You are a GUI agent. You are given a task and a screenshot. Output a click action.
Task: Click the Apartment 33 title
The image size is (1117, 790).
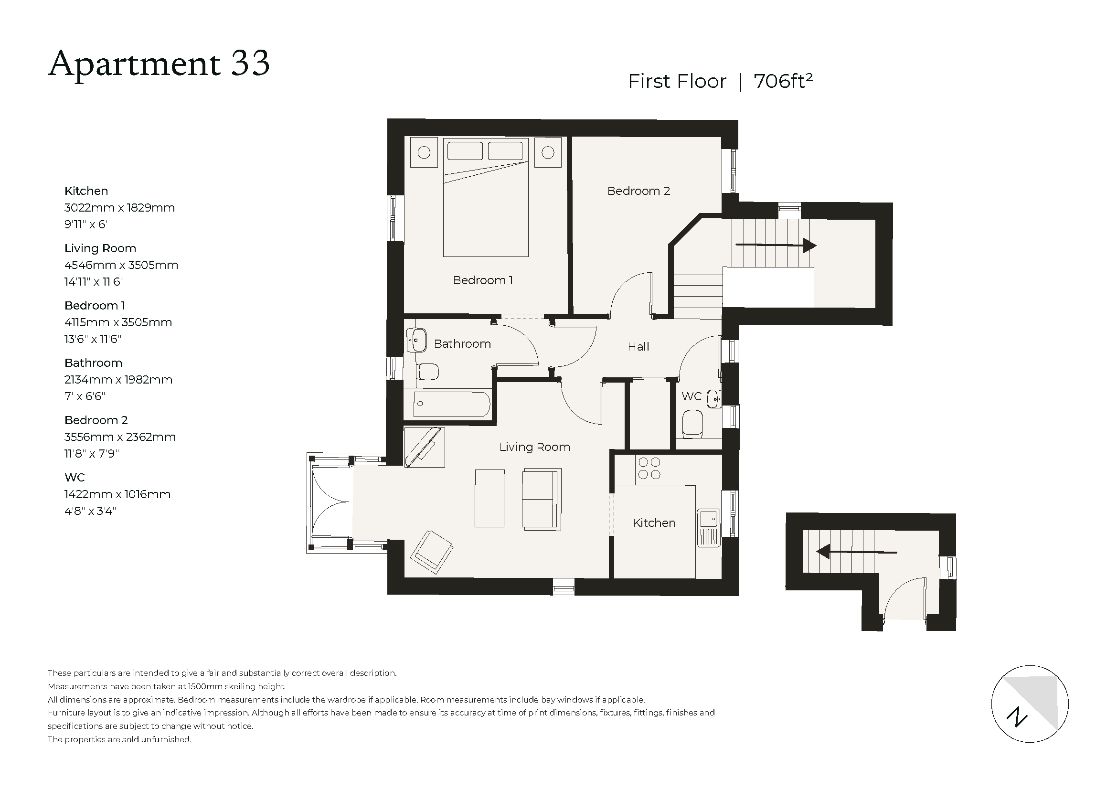coord(159,64)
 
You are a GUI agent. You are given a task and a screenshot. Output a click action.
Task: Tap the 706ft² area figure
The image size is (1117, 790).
coord(783,81)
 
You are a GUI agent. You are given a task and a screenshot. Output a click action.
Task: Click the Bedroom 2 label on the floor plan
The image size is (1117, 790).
coord(638,191)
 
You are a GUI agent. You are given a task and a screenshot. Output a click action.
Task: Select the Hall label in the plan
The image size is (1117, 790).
coord(638,347)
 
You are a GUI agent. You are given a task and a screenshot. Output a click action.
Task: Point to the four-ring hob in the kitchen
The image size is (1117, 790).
coord(649,469)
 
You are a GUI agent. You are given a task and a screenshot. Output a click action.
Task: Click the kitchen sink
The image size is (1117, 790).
coord(708,527)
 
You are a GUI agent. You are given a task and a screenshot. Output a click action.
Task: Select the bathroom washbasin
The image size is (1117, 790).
coord(417,340)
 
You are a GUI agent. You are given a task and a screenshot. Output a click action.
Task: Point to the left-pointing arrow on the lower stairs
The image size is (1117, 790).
coord(856,552)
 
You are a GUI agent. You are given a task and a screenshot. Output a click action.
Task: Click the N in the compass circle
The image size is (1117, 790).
coord(1017,717)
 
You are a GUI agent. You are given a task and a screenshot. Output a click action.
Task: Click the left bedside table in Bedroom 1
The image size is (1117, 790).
coord(424,153)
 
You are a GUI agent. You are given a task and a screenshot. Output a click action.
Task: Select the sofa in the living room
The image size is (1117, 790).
coord(541,498)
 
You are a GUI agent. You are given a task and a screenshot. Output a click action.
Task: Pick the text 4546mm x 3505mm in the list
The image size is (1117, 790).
coord(121,265)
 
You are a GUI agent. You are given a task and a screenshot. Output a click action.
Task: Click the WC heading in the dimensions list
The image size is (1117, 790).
coord(74,478)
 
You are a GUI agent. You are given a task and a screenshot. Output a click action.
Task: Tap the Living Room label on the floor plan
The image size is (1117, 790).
coord(534,447)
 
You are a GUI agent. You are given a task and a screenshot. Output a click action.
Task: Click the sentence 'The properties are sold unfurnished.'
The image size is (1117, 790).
coord(120,739)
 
